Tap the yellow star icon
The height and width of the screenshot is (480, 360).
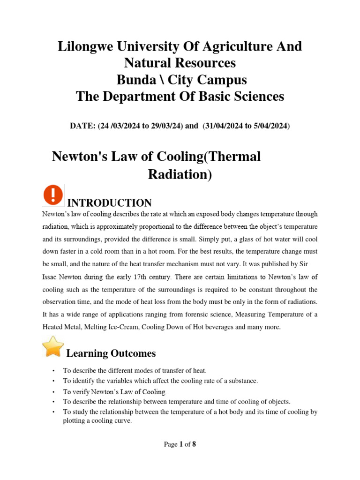tap(53, 346)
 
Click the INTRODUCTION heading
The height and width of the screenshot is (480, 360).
tap(110, 203)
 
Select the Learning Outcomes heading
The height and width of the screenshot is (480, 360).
tap(111, 353)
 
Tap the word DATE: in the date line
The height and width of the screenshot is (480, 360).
tap(82, 126)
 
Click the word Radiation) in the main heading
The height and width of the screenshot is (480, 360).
tap(180, 174)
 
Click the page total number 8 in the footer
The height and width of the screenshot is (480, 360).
tap(194, 444)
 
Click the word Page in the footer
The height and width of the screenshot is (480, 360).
tap(171, 444)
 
